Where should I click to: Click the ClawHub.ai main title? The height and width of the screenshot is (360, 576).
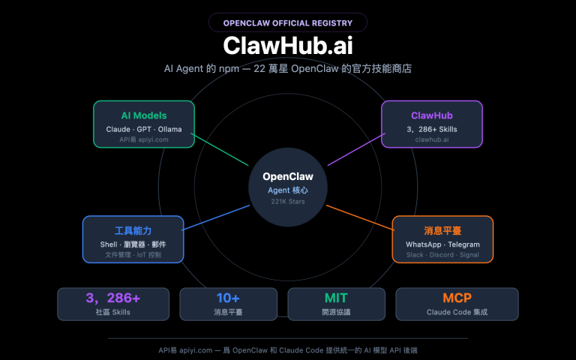click(288, 45)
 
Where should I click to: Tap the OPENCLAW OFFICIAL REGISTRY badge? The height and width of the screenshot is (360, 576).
click(288, 22)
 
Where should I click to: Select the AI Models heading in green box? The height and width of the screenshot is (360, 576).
click(143, 115)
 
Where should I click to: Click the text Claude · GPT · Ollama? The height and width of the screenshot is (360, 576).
click(143, 130)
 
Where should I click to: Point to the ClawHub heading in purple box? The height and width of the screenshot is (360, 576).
click(432, 115)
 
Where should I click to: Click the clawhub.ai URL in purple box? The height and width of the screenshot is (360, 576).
click(432, 139)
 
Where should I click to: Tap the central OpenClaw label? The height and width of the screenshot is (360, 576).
click(288, 177)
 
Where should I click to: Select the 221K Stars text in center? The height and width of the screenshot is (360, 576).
click(288, 202)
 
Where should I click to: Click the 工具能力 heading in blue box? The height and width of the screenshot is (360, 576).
click(133, 231)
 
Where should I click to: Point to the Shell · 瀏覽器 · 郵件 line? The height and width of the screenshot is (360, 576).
click(133, 244)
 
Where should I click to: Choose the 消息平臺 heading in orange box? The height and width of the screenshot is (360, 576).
click(442, 231)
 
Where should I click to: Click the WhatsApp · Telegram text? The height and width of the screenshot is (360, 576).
click(442, 244)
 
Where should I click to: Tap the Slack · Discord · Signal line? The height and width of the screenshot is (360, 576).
click(442, 255)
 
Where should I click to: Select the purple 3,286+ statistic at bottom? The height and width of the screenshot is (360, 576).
click(112, 298)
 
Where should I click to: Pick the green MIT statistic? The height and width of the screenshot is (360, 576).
click(336, 298)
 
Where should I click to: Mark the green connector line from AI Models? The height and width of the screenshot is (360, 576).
click(220, 150)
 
